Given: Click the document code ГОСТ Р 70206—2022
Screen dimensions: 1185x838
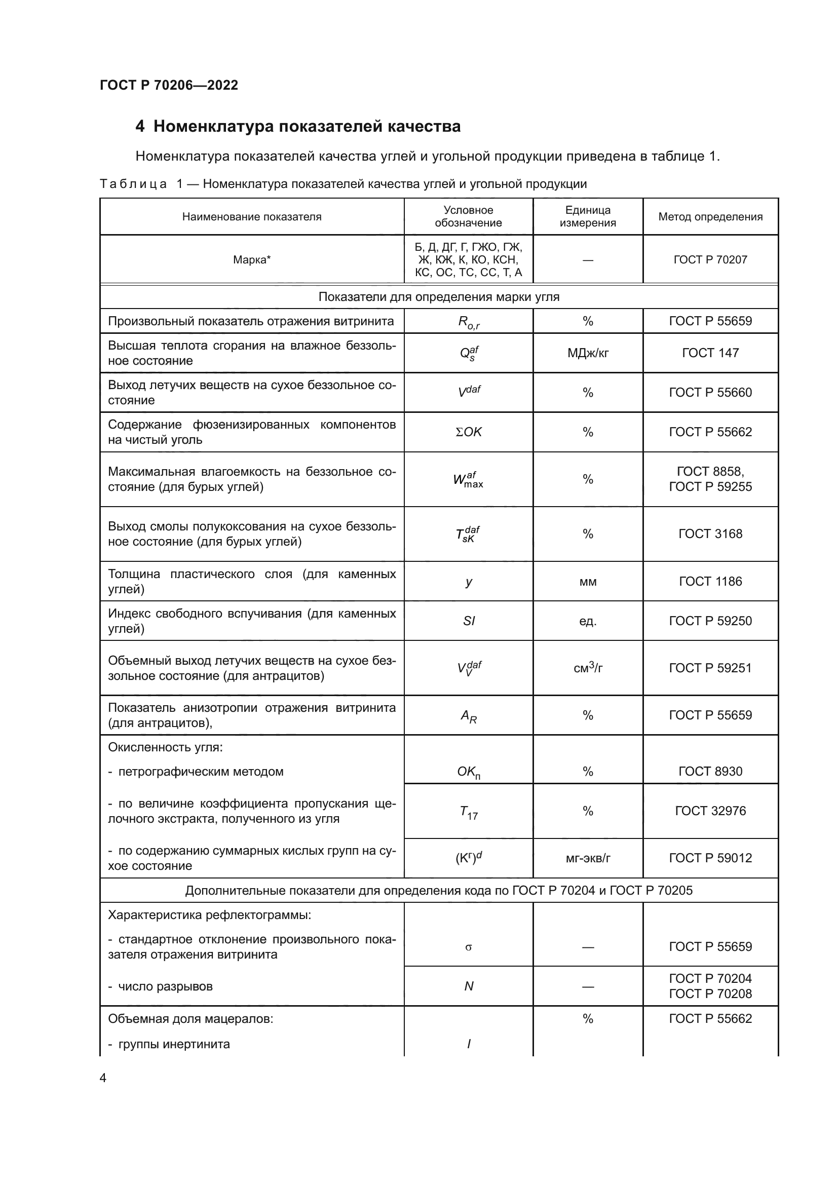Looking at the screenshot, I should (x=169, y=85).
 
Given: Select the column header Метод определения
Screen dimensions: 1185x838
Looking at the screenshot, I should (x=710, y=217).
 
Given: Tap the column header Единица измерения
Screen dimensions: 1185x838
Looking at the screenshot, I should (x=588, y=217).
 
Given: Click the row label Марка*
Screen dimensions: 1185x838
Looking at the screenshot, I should (x=252, y=259).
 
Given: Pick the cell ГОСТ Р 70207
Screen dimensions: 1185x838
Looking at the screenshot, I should (x=710, y=259).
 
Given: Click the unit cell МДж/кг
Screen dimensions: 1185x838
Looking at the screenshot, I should (x=588, y=353).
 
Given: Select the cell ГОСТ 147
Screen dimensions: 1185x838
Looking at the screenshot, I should (x=710, y=353).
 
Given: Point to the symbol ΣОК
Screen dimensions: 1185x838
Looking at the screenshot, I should (x=469, y=432).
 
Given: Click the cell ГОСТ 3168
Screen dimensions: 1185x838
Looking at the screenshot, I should (x=710, y=533).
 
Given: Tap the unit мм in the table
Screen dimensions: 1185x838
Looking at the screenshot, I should (x=588, y=582).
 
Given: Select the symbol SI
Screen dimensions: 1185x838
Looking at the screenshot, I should (x=469, y=621).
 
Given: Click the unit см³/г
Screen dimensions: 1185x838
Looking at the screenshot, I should (x=588, y=668).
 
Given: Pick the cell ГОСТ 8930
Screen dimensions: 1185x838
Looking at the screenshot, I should (x=710, y=771).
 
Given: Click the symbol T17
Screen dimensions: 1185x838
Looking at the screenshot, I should (x=469, y=812).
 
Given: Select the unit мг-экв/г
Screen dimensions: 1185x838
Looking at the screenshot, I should (x=588, y=858).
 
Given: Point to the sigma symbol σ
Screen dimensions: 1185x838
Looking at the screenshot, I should (x=469, y=947).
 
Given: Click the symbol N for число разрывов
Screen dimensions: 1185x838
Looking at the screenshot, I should (x=469, y=986).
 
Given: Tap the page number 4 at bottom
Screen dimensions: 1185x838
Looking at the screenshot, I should (x=103, y=1078).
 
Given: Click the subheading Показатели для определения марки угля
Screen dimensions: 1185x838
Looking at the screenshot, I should (x=439, y=297).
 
